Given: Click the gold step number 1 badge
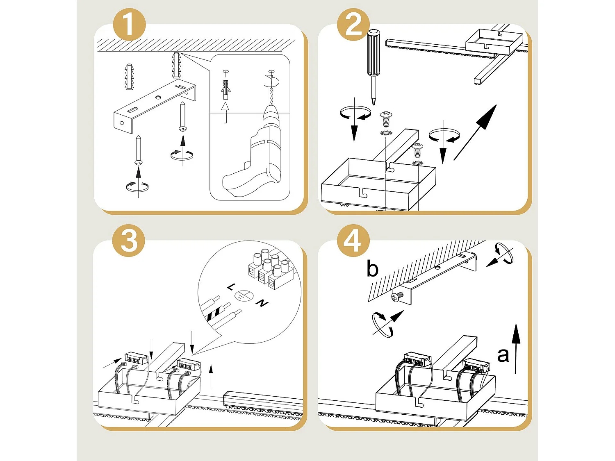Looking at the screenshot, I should coord(129,24).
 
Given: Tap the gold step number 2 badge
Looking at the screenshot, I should coord(353,24).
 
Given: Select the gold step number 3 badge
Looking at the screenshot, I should coord(129,241).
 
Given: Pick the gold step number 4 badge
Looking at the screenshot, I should coord(353,241).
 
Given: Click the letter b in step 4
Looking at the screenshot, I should coord(372,269).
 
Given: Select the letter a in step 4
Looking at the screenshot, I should coord(503,355).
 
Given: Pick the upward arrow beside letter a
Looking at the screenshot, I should coord(516,348).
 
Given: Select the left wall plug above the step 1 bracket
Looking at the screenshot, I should coord(129,77).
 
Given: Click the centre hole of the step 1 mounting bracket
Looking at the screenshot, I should coord(158,98).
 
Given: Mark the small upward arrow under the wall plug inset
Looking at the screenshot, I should coord(225,112).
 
